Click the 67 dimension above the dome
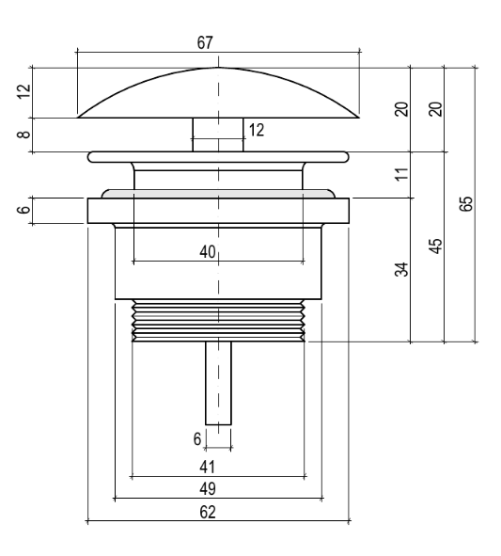205,43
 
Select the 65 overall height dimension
466,204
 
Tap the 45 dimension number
436,246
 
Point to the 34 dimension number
401,269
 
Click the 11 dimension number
401,174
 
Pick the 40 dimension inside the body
208,252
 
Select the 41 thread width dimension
208,467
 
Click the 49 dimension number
208,489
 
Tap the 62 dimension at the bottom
208,512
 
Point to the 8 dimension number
24,135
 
